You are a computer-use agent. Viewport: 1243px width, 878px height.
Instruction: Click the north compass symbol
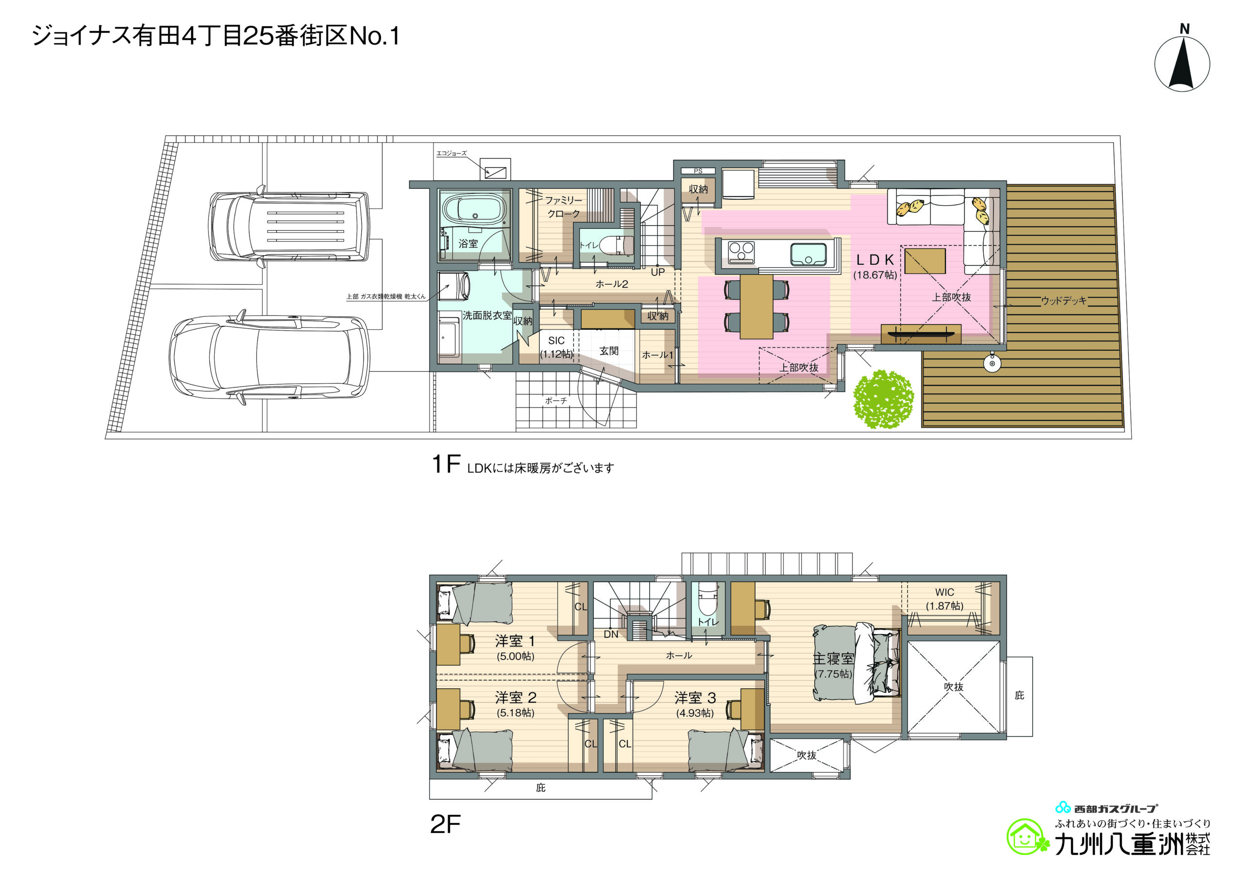coord(1182,58)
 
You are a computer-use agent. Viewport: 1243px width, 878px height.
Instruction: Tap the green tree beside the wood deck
coord(884,399)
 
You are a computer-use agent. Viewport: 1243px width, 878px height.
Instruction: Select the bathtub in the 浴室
coord(475,210)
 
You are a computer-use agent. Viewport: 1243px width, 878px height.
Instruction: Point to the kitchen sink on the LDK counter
coord(808,254)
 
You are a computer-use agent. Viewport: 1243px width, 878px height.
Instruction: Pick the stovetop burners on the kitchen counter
coord(741,253)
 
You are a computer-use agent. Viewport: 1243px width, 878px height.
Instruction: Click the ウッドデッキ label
coord(1064,300)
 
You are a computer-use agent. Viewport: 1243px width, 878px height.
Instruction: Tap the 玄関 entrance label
coord(609,351)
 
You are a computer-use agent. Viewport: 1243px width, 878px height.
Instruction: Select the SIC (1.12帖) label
coord(556,347)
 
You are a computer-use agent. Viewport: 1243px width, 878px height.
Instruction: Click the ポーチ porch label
coord(556,401)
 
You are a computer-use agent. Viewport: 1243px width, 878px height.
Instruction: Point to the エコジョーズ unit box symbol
coord(495,173)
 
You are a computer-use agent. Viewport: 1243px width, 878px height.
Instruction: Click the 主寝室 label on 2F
coord(834,658)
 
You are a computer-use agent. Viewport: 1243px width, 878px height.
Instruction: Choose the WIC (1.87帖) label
coord(945,599)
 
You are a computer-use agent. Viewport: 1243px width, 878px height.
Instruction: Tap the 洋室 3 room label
coord(695,698)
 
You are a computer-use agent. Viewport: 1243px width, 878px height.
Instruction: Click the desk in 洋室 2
coord(449,709)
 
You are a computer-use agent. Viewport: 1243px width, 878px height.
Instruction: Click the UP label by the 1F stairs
coord(658,272)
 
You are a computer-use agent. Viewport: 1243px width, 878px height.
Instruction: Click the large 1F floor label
coord(446,464)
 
